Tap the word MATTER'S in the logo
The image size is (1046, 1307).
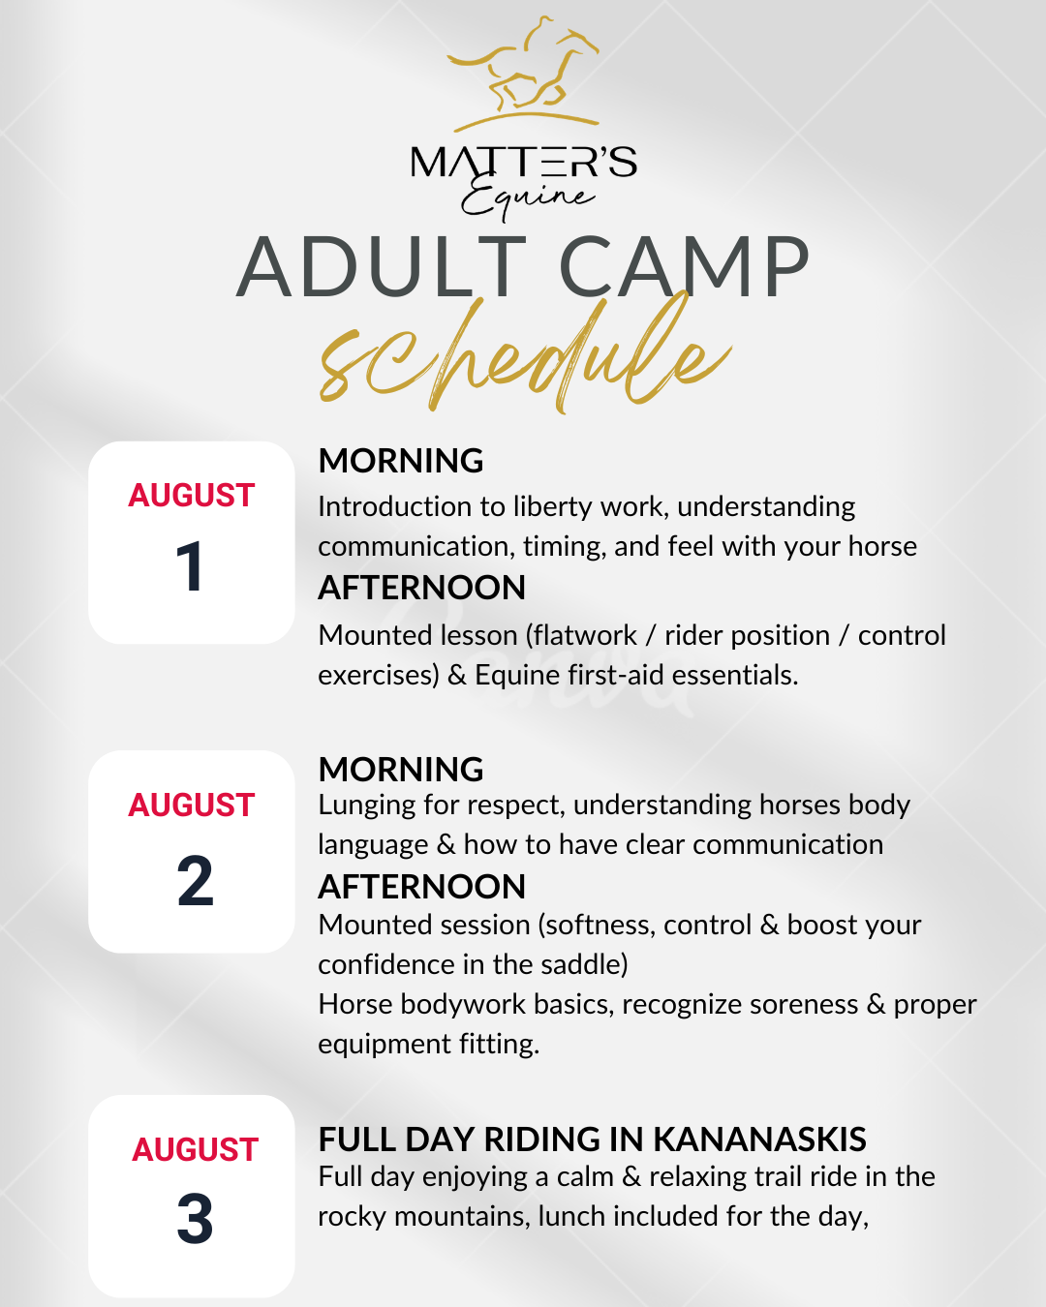point(524,162)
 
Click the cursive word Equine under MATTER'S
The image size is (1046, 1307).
point(528,198)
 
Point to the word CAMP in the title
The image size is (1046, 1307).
point(684,267)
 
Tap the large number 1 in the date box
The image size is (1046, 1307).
point(190,566)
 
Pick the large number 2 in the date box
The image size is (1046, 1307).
point(195,881)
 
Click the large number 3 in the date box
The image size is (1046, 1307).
point(195,1218)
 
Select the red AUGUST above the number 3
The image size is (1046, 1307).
point(195,1149)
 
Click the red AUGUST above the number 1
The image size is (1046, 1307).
point(191,495)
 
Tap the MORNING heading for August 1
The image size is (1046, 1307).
point(401,461)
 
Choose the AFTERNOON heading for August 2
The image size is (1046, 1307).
point(422,887)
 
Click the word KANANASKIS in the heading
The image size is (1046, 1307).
point(760,1140)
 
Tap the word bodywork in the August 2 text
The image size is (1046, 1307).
point(463,1004)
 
